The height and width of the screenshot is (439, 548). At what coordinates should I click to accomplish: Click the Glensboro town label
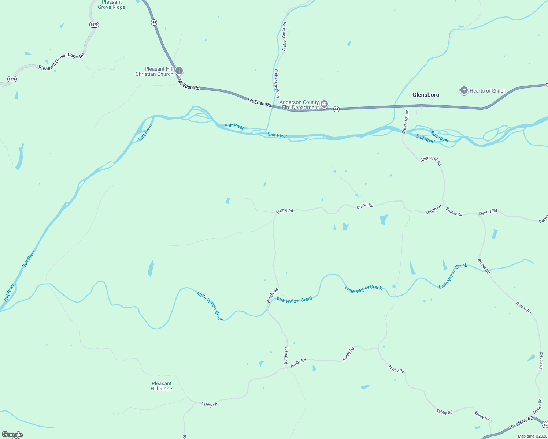point(426,95)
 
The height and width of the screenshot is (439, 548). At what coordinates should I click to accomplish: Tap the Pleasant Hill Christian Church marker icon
point(179,71)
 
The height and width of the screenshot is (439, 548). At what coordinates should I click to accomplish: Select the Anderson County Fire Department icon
point(324,105)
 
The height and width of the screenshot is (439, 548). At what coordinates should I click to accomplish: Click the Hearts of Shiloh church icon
point(464,90)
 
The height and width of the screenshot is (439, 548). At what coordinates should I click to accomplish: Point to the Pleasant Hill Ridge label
point(161,386)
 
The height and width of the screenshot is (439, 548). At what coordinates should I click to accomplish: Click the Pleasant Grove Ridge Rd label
point(62,61)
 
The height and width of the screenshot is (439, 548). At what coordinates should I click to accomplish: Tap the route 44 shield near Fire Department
point(336,109)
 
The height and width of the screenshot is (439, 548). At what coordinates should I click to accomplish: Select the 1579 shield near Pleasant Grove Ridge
point(94,25)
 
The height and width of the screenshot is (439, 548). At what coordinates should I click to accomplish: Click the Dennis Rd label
point(488,211)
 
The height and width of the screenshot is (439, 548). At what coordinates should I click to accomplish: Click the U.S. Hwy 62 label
point(521,423)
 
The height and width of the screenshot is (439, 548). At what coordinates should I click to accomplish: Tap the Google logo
point(12,435)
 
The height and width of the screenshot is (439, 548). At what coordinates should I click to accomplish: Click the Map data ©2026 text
point(532,436)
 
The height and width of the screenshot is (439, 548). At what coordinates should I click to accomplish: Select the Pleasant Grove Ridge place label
point(111,5)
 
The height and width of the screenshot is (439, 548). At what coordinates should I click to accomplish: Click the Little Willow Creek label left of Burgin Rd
point(210,306)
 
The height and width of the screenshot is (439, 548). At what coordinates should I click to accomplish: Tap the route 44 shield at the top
point(154,22)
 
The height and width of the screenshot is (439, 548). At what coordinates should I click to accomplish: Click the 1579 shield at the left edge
point(12,79)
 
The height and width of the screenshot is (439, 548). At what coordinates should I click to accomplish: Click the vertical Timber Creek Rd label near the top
point(284,36)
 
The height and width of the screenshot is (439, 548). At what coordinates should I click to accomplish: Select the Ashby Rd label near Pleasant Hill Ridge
point(209,404)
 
